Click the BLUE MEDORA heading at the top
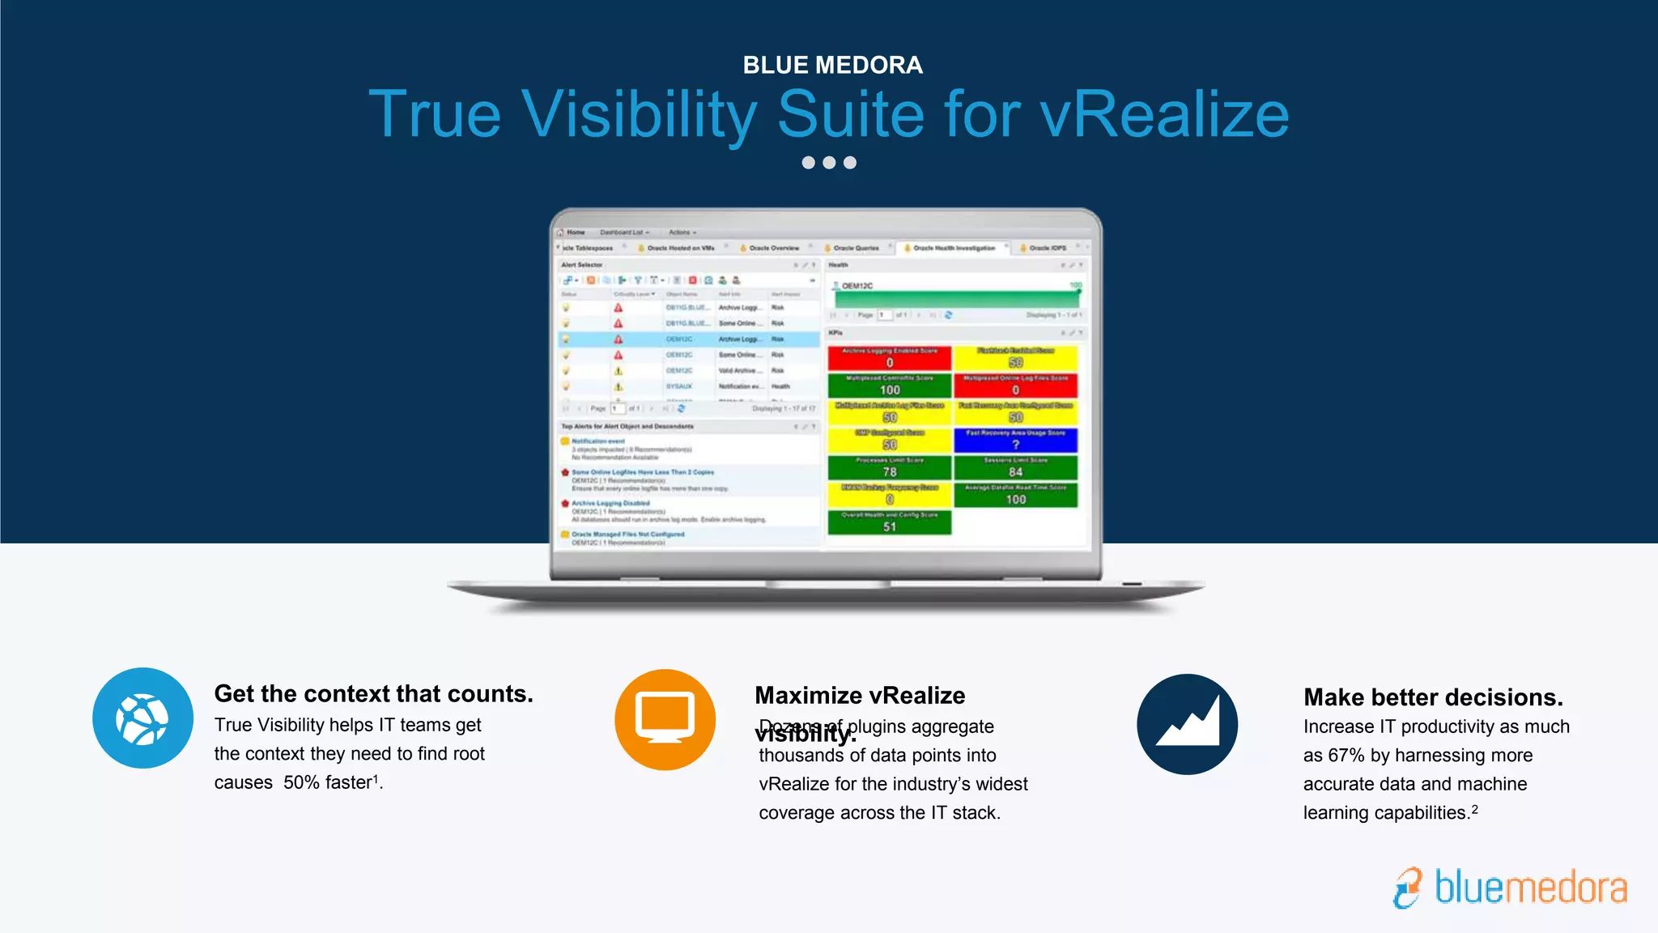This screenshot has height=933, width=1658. click(x=832, y=65)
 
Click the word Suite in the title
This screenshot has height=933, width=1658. click(x=850, y=115)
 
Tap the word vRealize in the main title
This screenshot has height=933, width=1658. click(x=1164, y=115)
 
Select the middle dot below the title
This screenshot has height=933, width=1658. click(x=829, y=163)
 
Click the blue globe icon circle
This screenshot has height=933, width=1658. click(x=142, y=718)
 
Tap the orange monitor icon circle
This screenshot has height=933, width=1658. click(x=665, y=719)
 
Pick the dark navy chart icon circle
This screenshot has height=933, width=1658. click(x=1187, y=724)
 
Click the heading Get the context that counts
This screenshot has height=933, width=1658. click(x=373, y=694)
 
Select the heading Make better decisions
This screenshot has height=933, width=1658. click(x=1433, y=697)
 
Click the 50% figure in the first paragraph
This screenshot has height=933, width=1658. click(x=301, y=782)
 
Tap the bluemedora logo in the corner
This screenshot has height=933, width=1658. click(x=1511, y=888)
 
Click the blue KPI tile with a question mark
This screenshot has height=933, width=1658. click(x=1015, y=440)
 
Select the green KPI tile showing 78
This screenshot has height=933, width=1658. click(x=889, y=467)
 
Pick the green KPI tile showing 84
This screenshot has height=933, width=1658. click(x=1015, y=467)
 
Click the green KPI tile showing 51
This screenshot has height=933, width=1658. click(x=889, y=522)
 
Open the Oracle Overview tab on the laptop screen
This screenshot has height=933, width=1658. click(x=773, y=248)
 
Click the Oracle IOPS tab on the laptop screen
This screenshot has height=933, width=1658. click(x=1047, y=248)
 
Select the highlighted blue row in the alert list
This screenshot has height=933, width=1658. click(x=688, y=339)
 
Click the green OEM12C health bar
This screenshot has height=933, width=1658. click(x=955, y=298)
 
